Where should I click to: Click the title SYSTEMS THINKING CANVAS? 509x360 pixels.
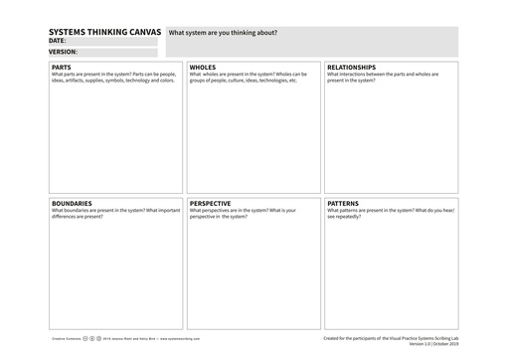point(105,33)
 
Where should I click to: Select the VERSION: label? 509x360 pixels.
point(63,52)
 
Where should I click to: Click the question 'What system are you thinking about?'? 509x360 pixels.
point(223,33)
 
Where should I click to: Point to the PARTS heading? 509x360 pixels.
point(62,68)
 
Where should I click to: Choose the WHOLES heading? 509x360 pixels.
point(203,68)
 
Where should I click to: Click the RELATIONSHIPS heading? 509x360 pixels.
point(351,68)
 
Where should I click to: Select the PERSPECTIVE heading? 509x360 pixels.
point(211,203)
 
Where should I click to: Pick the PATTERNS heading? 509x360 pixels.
point(344,203)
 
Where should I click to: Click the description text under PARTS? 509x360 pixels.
point(112,77)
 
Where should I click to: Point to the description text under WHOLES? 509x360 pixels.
point(248,77)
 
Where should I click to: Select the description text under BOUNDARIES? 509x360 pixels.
point(114,213)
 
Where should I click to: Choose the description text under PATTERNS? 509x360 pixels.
point(389,213)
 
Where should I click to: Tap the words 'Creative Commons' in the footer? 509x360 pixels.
point(65,337)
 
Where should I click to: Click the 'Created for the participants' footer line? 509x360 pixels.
point(391,337)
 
